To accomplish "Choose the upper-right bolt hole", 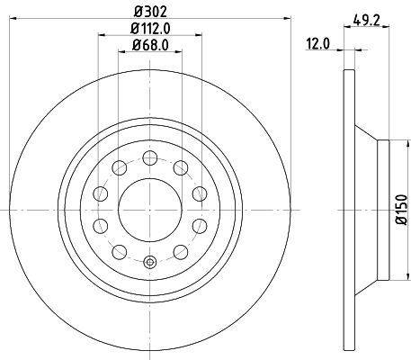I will pyautogui.click(x=180, y=166).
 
